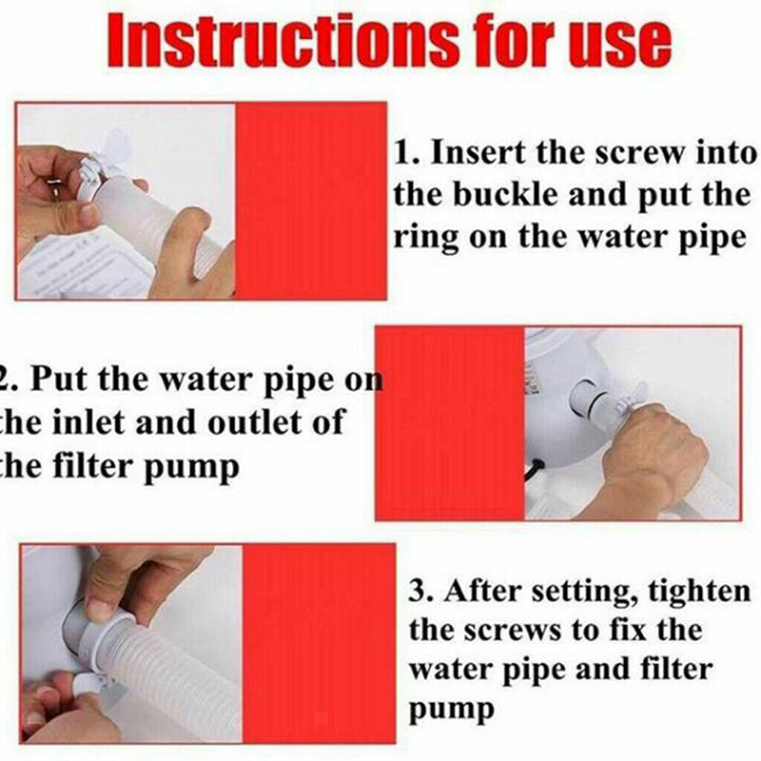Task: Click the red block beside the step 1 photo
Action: tap(311, 201)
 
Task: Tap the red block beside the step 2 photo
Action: tap(450, 423)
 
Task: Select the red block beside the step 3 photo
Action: tap(319, 643)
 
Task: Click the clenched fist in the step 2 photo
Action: tap(651, 451)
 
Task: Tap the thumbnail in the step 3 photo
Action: tap(101, 608)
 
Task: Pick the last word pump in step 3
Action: tap(451, 711)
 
